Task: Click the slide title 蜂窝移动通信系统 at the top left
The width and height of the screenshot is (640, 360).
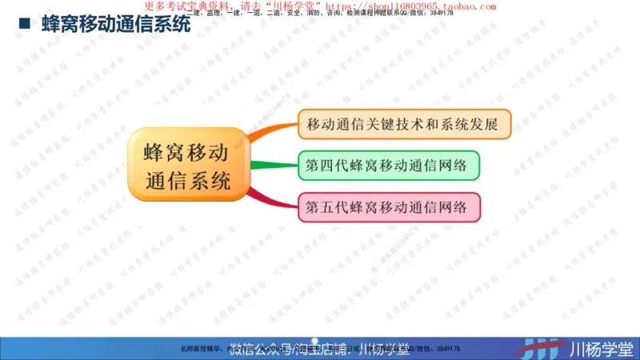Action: (x=115, y=26)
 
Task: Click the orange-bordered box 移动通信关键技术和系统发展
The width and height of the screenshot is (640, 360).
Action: (x=403, y=124)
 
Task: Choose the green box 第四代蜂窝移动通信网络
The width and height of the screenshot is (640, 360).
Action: (x=388, y=166)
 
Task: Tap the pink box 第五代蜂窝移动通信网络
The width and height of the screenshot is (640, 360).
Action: (x=388, y=207)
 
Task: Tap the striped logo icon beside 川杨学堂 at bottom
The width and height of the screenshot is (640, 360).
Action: (x=543, y=346)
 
